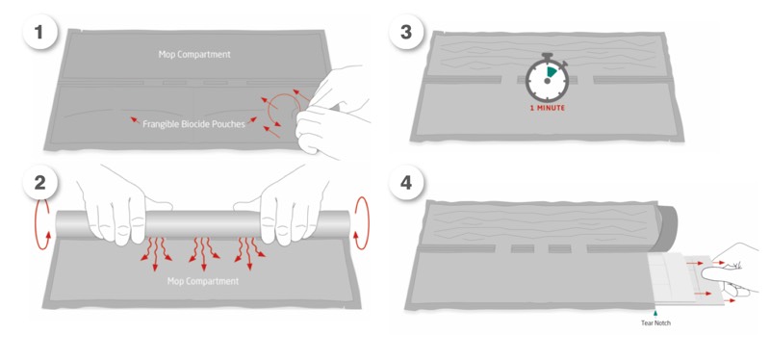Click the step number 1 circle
39,33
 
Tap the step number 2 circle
39,183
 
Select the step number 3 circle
405,33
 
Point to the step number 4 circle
405,183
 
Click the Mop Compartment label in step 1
194,55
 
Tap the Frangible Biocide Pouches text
193,124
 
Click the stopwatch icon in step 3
547,77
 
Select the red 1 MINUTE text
547,108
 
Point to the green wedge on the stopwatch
552,71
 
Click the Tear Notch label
655,322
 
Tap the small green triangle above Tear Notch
655,312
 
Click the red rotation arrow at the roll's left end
42,223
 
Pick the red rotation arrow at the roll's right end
362,222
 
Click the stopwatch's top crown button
547,56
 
